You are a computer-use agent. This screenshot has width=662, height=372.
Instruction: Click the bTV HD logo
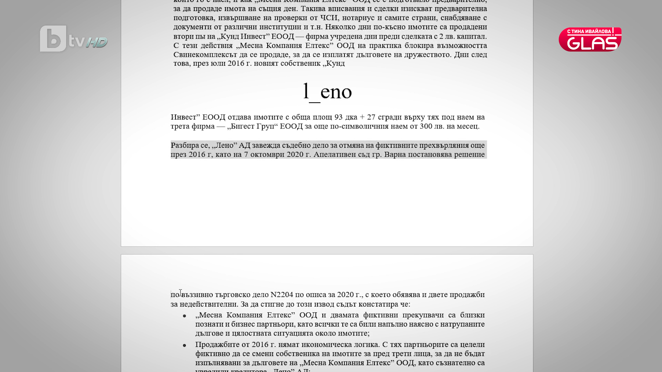pos(73,39)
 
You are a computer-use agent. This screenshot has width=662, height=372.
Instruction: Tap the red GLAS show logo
pos(590,39)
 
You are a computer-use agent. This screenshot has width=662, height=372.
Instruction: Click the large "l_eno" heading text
pos(327,92)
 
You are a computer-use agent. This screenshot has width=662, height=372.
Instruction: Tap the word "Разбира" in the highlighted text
pos(185,145)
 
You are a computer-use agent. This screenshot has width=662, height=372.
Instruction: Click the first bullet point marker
pos(184,316)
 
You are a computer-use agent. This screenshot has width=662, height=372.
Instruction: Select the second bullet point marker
pos(184,345)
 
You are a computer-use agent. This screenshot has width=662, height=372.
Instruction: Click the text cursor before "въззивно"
pos(180,293)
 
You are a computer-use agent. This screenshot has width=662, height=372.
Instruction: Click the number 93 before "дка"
pos(339,117)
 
